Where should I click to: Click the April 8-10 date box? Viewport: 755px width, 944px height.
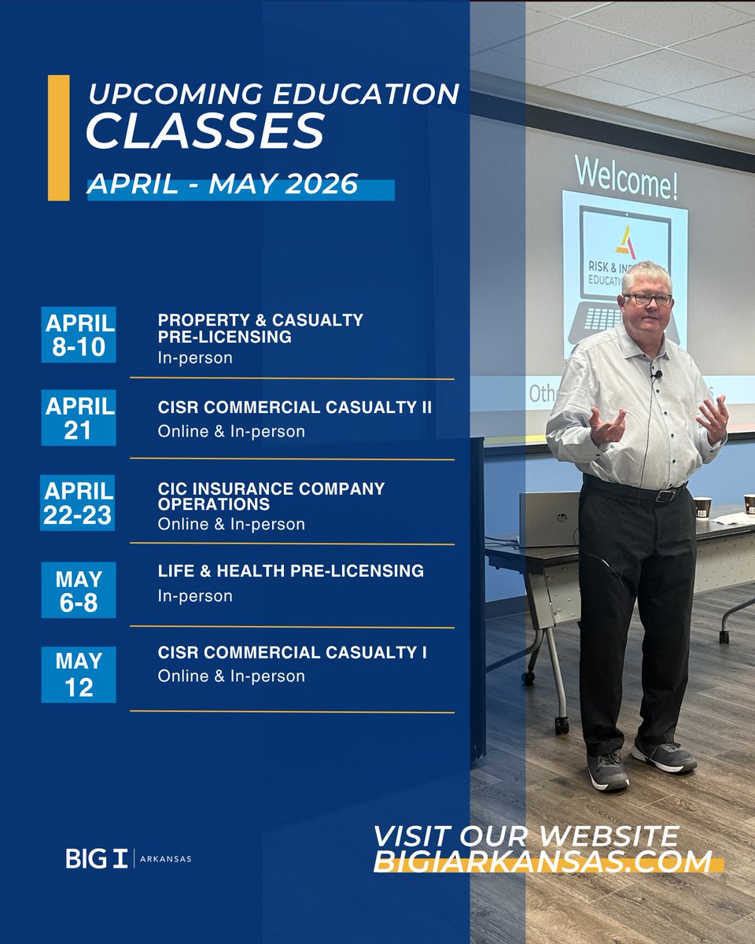click(x=79, y=334)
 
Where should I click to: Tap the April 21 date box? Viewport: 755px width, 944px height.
click(x=79, y=419)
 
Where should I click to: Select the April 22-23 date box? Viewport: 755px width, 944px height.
click(x=78, y=503)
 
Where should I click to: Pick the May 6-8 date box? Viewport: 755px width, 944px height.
click(x=79, y=590)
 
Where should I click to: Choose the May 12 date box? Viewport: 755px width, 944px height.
click(x=79, y=674)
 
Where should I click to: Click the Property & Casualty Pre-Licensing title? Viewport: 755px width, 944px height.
click(x=260, y=328)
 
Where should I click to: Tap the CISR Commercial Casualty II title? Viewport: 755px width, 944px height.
click(x=295, y=407)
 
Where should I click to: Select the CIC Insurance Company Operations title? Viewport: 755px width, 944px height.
click(x=271, y=496)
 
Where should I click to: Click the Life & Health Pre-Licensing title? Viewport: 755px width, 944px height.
click(x=290, y=570)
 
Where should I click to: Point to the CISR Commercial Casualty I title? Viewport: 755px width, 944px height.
click(x=293, y=652)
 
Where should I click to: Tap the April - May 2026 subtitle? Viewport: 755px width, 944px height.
click(x=223, y=184)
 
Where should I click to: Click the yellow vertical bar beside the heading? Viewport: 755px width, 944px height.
click(x=58, y=138)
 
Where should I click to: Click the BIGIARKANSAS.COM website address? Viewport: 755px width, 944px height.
click(x=543, y=861)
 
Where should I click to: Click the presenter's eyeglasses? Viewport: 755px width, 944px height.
click(x=647, y=300)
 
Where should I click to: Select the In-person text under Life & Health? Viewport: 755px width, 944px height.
click(x=195, y=596)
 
